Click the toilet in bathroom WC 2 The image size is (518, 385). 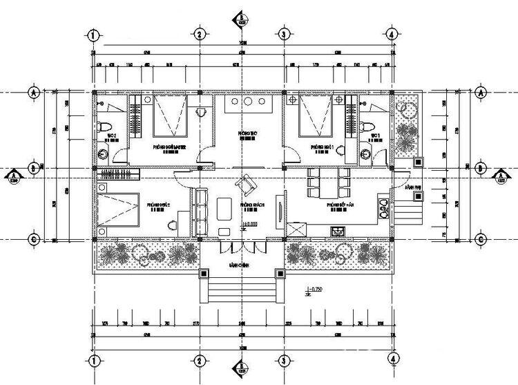click(x=102, y=129)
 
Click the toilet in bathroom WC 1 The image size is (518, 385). click(x=366, y=126)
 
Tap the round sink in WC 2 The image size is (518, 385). click(x=104, y=153)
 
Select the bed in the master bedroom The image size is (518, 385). click(x=170, y=117)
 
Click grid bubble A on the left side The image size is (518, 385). click(x=32, y=91)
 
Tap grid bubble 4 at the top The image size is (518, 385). click(x=392, y=34)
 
